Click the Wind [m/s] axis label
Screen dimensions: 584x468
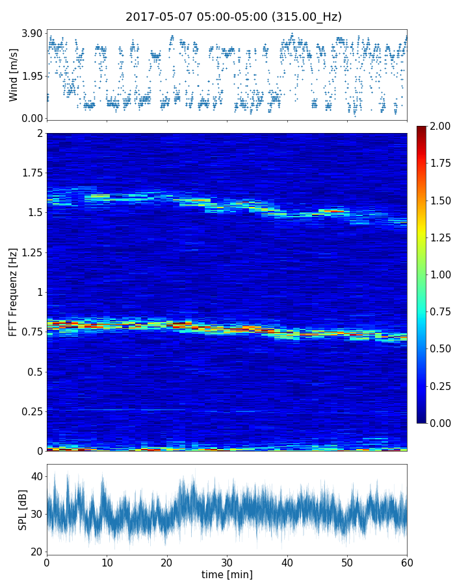pyautogui.click(x=14, y=75)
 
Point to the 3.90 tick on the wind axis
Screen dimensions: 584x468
pyautogui.click(x=32, y=33)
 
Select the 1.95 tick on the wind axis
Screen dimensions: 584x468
pyautogui.click(x=32, y=76)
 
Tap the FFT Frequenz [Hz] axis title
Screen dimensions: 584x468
pyautogui.click(x=14, y=292)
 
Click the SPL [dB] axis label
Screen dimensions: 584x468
pyautogui.click(x=23, y=509)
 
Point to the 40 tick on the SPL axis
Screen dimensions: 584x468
pyautogui.click(x=36, y=476)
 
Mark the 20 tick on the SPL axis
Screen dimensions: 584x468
pyautogui.click(x=36, y=552)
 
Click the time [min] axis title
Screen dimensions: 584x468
pyautogui.click(x=227, y=574)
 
